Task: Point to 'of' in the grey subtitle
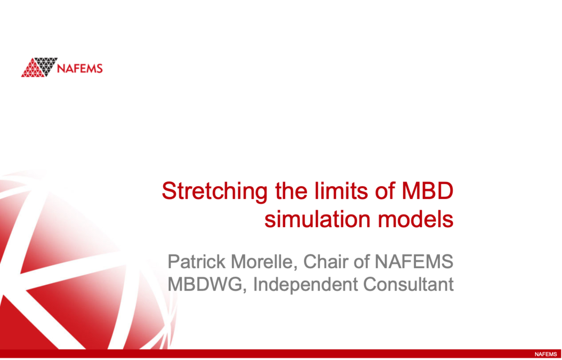(363, 262)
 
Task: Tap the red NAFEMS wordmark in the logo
(80, 69)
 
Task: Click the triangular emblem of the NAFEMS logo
(39, 67)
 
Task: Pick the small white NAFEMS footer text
(545, 354)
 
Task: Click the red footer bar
(267, 354)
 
